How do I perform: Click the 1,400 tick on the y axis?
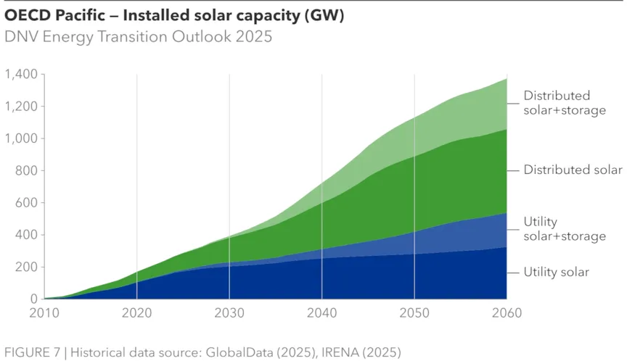tap(22, 75)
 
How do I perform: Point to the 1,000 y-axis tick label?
tap(22, 138)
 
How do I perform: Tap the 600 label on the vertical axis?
tap(26, 203)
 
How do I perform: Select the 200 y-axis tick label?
tap(26, 267)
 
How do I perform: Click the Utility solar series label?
tap(556, 273)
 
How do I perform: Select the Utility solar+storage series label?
tap(564, 229)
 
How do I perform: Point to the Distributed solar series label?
tap(573, 170)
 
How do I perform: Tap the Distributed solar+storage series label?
tap(564, 103)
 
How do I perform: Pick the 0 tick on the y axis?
tap(34, 299)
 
